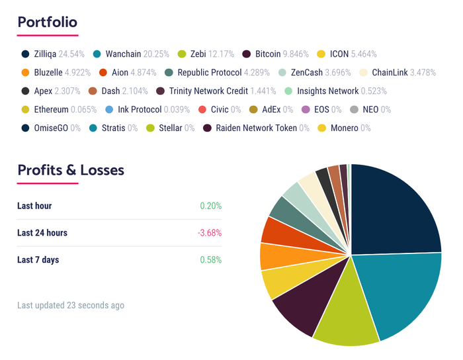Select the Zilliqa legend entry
(52, 54)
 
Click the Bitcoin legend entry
(268, 54)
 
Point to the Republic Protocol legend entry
(209, 72)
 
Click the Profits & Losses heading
(71, 169)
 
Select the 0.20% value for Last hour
(211, 206)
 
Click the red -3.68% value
(209, 233)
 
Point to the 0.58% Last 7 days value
(211, 259)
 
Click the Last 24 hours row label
(42, 233)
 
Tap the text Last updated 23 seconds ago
(71, 305)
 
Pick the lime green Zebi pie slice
(344, 318)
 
